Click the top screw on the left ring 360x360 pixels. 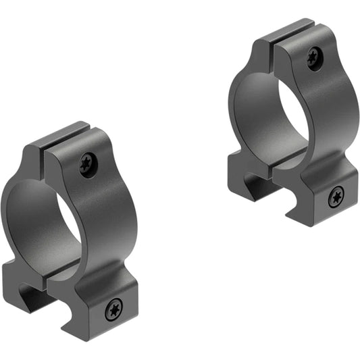[x=88, y=164]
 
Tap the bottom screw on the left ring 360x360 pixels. [x=113, y=310]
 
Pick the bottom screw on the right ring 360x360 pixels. [x=336, y=197]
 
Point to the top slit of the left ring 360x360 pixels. [x=47, y=151]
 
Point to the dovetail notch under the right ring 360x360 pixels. [x=258, y=186]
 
